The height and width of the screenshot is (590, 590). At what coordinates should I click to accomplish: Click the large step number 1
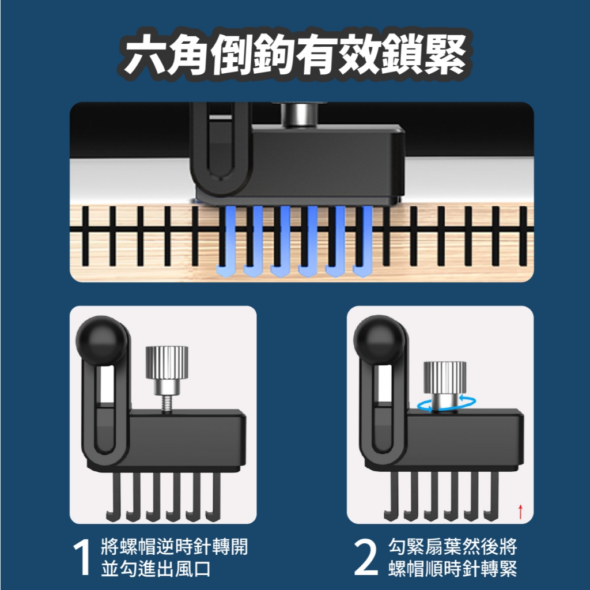82,557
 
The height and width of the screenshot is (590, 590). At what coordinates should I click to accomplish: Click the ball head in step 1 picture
101,340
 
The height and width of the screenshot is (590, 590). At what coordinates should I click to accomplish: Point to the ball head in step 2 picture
379,340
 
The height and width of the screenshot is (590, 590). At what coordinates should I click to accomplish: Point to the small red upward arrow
520,512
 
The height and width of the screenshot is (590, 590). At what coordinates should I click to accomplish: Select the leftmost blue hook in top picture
226,241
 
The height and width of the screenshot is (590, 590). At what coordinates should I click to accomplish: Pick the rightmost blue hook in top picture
363,241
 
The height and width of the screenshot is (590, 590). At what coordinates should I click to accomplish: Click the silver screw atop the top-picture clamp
300,115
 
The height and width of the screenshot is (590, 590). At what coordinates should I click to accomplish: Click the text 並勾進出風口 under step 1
156,569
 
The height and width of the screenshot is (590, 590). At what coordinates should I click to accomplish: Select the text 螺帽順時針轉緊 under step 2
453,569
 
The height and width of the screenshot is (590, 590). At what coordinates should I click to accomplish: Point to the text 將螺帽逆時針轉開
175,547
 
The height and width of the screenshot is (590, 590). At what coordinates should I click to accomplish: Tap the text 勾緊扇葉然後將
453,547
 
